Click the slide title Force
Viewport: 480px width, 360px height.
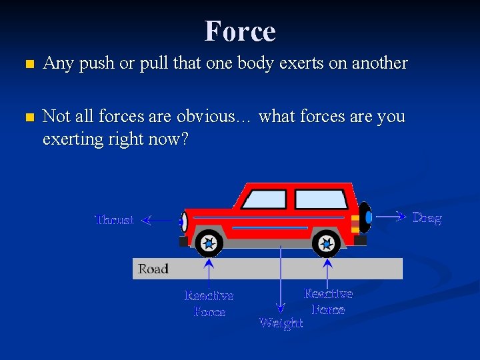tap(240, 31)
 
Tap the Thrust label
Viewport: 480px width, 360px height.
tap(114, 220)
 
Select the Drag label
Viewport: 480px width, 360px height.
tap(427, 218)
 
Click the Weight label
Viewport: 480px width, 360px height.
tap(281, 323)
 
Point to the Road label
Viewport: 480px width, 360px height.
tap(153, 269)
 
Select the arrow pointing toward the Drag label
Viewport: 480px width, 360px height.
tap(389, 216)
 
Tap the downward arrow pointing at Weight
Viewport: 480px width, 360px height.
tap(281, 280)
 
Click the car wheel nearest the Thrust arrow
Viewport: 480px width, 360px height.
tap(209, 244)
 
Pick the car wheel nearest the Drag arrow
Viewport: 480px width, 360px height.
tap(326, 244)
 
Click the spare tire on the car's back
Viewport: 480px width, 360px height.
tap(365, 217)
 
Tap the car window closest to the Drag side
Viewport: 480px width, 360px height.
tap(321, 199)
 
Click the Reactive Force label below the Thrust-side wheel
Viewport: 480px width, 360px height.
tap(209, 304)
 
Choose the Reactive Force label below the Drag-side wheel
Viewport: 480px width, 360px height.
tap(328, 301)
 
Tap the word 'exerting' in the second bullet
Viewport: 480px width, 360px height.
tap(69, 139)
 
